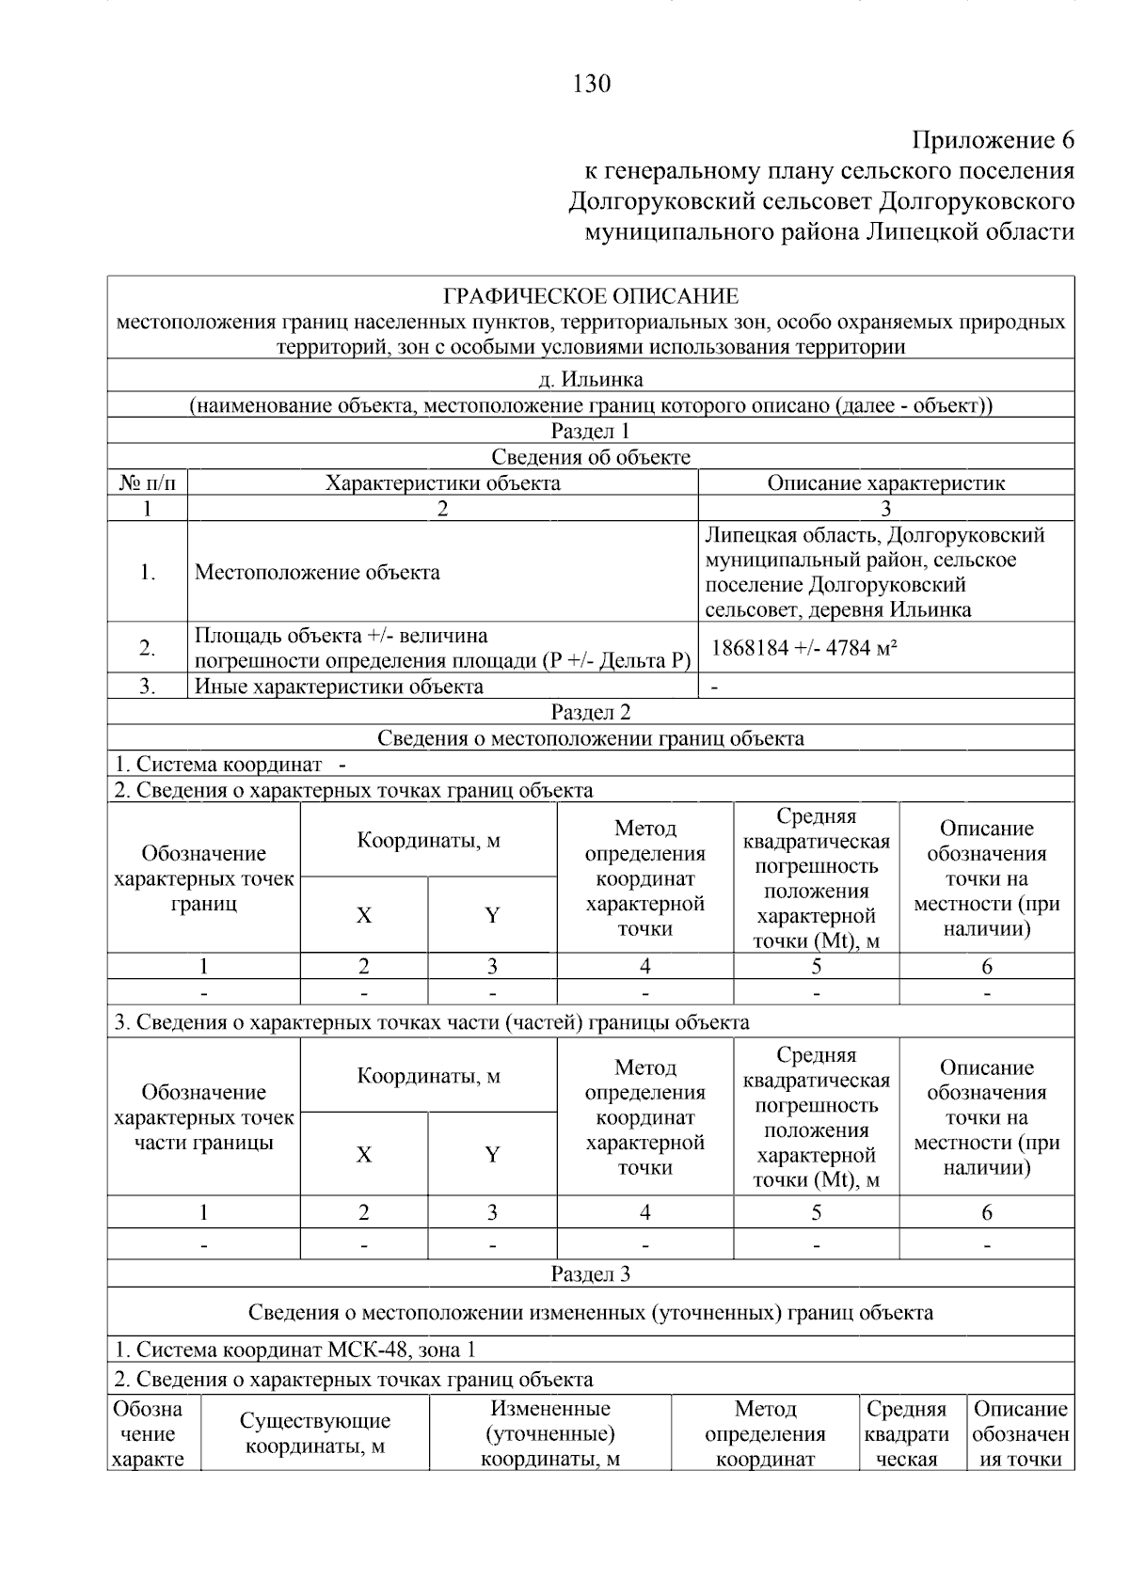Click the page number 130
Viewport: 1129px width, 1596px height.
(x=591, y=84)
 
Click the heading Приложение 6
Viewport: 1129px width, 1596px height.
(x=993, y=141)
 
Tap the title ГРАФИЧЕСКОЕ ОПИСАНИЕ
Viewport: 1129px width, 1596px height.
(x=590, y=297)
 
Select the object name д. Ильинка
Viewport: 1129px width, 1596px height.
(x=590, y=380)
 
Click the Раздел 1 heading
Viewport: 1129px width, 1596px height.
(x=590, y=432)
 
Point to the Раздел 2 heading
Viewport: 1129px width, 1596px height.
(x=590, y=712)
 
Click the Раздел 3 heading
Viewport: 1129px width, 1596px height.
(x=590, y=1274)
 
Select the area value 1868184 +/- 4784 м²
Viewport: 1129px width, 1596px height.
(x=803, y=647)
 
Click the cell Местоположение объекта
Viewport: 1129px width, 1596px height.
(x=317, y=573)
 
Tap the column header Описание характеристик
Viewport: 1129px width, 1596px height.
(x=885, y=483)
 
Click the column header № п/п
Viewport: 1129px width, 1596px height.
(x=148, y=483)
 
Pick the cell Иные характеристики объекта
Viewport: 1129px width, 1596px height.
(x=339, y=687)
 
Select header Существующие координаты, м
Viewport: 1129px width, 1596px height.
(x=314, y=1433)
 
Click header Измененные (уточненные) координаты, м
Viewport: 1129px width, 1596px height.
(x=550, y=1433)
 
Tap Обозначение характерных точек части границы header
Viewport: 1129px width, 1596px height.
(x=203, y=1117)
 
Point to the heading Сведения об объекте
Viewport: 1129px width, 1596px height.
(x=590, y=458)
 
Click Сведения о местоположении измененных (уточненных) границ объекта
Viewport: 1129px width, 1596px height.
(x=590, y=1312)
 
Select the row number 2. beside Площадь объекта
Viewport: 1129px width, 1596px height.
(x=148, y=648)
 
